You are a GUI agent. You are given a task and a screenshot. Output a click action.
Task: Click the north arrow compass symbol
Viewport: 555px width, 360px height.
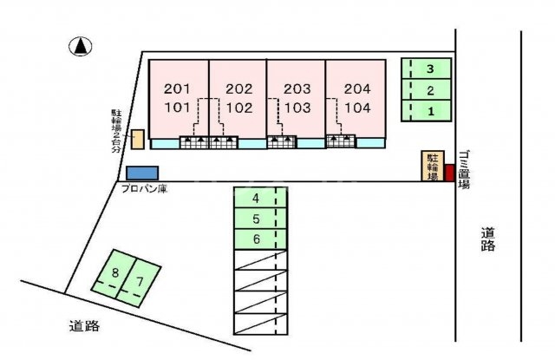(81, 46)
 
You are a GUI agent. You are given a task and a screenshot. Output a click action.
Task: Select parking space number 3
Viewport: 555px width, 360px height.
(427, 69)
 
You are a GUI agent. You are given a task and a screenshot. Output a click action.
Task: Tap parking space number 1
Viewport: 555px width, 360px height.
(427, 111)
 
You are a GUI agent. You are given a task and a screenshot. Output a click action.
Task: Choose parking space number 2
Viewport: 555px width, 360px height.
(427, 90)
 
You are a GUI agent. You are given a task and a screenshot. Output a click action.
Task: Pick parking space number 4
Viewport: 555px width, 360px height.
(260, 198)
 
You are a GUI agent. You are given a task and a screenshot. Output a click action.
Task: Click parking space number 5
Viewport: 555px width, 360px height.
(260, 219)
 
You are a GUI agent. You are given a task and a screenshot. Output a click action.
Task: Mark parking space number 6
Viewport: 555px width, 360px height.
(260, 239)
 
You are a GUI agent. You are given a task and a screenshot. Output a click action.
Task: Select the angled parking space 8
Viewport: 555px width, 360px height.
(114, 273)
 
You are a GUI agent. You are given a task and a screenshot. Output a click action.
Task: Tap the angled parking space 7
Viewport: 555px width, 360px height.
(139, 282)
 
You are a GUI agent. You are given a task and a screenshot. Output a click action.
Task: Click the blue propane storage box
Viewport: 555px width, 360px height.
(142, 173)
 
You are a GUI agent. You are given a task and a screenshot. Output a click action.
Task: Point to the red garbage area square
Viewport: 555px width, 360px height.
(449, 173)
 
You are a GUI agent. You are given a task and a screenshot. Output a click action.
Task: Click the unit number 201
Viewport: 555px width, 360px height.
(177, 88)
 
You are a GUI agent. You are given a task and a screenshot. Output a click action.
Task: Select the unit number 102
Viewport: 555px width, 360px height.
(239, 108)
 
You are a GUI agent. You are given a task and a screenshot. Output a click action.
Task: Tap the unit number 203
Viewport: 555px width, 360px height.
(297, 88)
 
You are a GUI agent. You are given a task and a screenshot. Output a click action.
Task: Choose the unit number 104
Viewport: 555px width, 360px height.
(357, 108)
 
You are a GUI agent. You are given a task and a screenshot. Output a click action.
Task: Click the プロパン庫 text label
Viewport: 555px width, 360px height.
(144, 188)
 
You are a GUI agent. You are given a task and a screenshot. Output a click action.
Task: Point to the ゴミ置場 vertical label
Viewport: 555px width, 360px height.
(464, 169)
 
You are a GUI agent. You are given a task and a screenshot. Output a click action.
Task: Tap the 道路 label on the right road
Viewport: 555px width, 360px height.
(487, 239)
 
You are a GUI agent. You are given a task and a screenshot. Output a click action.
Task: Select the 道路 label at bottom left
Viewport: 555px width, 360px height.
(84, 325)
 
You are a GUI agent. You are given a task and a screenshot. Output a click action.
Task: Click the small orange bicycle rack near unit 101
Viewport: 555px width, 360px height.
(137, 140)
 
